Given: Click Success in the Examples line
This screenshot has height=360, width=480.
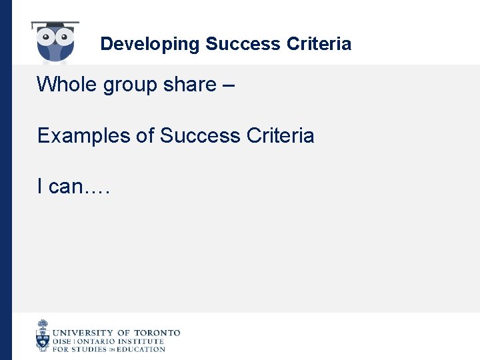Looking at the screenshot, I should coord(201,136).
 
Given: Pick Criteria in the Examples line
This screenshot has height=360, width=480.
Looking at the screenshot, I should coord(280,136).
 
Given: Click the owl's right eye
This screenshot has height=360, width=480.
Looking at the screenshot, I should coord(65,35).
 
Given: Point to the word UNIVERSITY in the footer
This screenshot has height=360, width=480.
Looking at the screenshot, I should coord(83,333).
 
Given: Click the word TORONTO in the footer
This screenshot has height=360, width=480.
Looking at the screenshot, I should coord(157,333).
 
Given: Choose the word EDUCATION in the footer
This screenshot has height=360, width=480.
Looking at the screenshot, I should coord(140,349).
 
